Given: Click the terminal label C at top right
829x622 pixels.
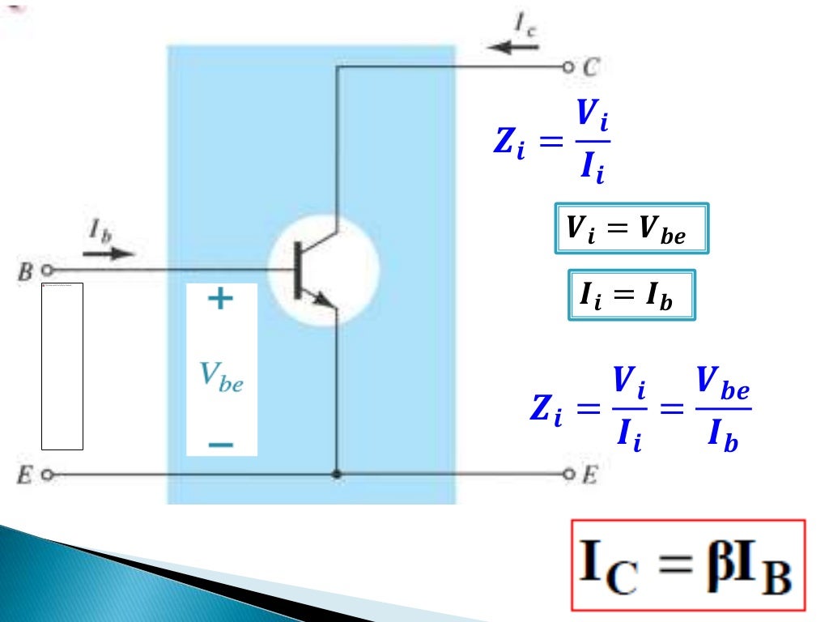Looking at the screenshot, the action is (590, 67).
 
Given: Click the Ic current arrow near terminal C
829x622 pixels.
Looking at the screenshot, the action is (513, 47).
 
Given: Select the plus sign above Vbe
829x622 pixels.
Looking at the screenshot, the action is (219, 300).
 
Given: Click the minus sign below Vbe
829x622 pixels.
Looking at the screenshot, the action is (220, 445).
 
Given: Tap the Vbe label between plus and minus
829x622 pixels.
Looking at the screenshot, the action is (221, 377).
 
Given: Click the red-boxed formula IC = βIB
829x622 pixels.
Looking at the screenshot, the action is (688, 564).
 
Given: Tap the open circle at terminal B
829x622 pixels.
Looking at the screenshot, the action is (46, 270).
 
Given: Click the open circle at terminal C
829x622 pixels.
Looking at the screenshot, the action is (568, 67).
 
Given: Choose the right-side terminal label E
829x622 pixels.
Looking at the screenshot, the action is (589, 475).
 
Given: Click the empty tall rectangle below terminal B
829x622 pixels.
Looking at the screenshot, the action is (62, 366).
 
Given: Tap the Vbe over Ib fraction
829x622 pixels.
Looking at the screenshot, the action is (723, 415).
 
